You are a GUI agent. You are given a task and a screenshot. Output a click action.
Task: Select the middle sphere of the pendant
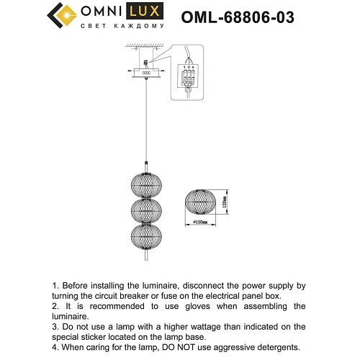[146, 211]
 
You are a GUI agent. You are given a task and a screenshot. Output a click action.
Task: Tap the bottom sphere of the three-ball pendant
[146, 239]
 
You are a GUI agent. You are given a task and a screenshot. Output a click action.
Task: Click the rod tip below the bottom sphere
[146, 256]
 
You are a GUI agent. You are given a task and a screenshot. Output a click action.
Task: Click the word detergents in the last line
[279, 347]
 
